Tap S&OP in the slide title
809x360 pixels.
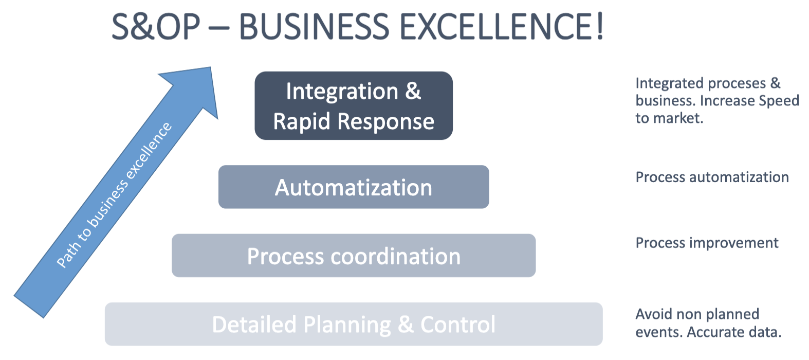[156, 27]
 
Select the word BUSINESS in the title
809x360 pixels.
[314, 27]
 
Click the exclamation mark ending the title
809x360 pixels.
[599, 27]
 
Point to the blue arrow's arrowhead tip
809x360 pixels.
[211, 67]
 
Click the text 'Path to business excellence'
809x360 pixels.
[114, 195]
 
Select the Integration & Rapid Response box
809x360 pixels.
[354, 105]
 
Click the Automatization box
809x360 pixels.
[354, 187]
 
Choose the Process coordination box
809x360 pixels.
[354, 256]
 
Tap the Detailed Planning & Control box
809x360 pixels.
[354, 324]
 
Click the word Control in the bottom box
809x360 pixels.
[458, 325]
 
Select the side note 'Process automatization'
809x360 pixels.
[712, 177]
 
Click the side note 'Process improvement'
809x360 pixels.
[707, 243]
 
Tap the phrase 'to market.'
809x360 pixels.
[669, 118]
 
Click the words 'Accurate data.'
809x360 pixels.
[734, 332]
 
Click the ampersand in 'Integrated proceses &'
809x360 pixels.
[775, 83]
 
